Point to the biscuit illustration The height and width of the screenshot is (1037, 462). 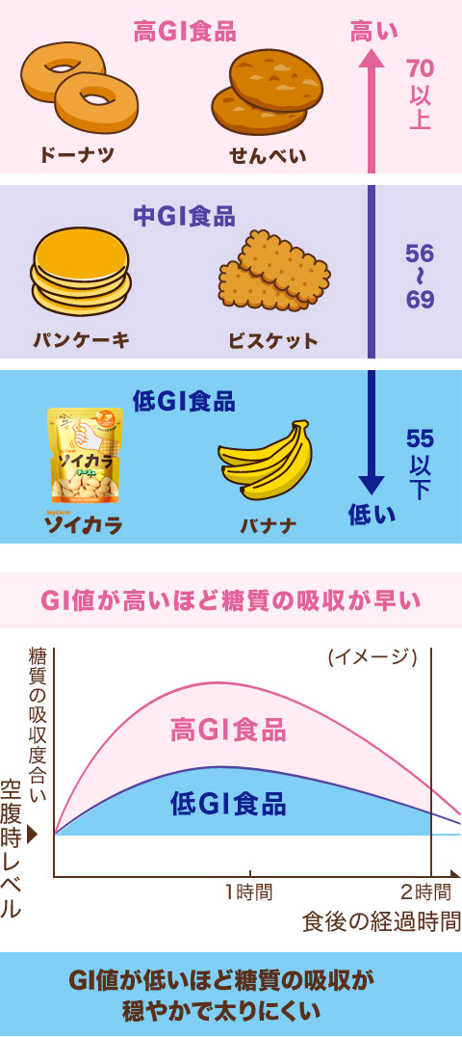click(274, 271)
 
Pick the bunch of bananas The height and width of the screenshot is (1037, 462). click(265, 459)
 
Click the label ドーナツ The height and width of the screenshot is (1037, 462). click(77, 155)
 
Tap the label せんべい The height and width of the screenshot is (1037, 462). click(268, 156)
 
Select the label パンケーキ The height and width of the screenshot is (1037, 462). click(81, 340)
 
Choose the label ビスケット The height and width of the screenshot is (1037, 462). click(273, 340)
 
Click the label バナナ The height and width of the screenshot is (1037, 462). click(269, 526)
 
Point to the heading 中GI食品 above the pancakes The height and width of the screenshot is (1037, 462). click(184, 216)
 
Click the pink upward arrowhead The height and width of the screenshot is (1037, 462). click(371, 61)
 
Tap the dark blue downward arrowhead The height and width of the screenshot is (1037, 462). click(371, 484)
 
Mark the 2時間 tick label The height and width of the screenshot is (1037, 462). click(426, 892)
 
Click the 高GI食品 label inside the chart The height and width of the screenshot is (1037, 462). click(228, 731)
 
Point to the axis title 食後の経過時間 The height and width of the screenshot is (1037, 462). click(381, 921)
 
